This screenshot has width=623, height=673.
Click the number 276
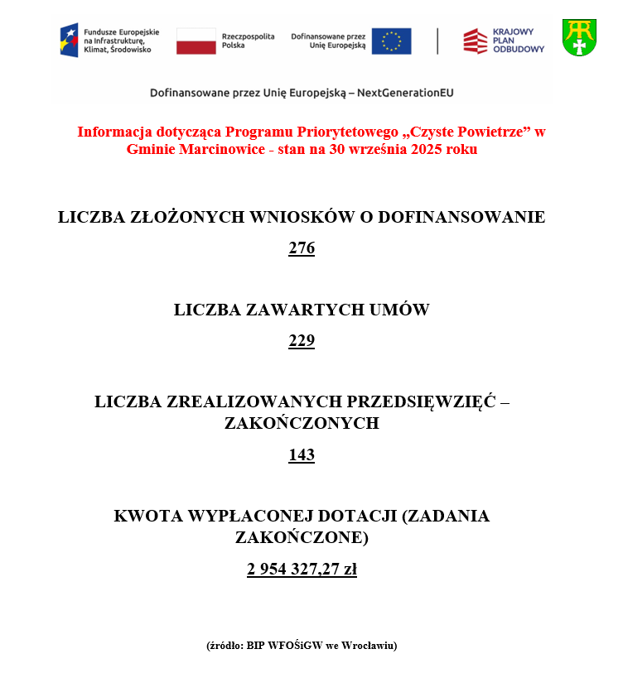point(302,248)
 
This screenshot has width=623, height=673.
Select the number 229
point(302,341)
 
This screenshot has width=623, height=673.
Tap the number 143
point(302,455)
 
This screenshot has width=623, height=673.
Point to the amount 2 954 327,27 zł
point(302,570)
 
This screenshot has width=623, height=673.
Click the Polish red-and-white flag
point(196,41)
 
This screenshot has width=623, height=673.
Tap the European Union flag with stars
point(391,41)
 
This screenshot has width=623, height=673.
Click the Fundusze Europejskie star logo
point(69,40)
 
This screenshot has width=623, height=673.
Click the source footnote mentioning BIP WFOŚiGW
point(302,646)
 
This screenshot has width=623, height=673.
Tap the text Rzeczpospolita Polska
point(248,41)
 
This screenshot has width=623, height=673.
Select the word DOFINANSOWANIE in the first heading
point(465,218)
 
